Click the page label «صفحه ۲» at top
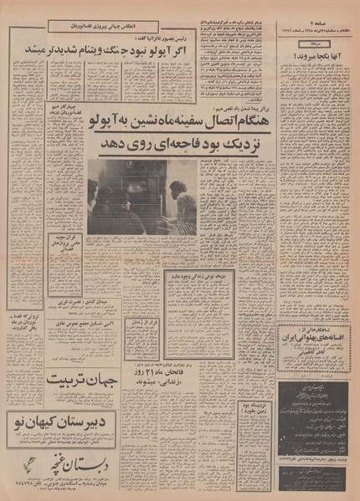(x=337, y=14)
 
